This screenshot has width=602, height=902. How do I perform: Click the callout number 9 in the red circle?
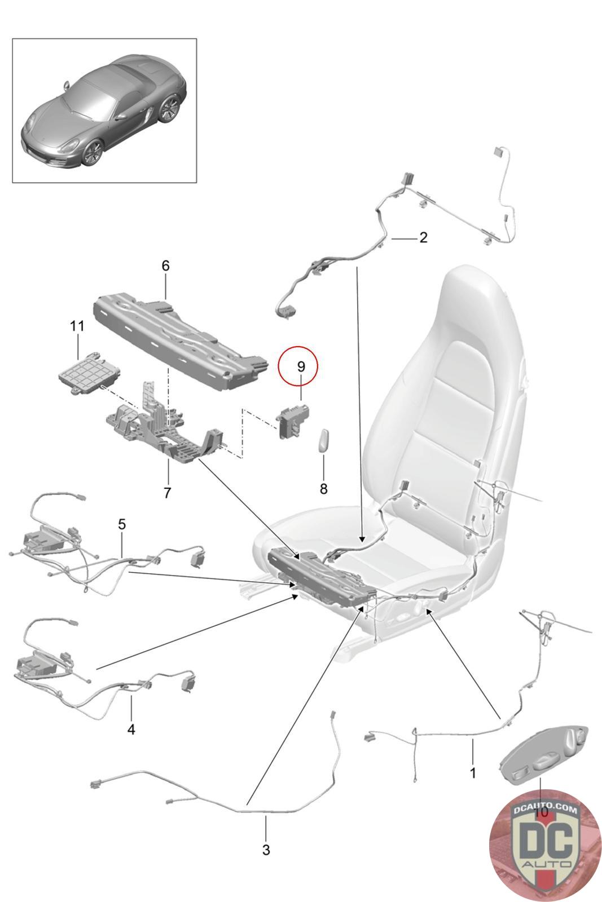click(301, 366)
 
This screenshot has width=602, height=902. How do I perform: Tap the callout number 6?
click(165, 266)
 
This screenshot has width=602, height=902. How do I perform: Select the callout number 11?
click(77, 326)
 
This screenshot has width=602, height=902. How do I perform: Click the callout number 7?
click(167, 493)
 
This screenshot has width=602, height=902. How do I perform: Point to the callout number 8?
click(323, 489)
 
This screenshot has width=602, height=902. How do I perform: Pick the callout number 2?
click(423, 237)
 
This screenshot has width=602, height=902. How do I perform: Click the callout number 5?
click(122, 524)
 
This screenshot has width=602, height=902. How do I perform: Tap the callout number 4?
click(131, 729)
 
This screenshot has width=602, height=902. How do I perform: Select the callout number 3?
click(266, 850)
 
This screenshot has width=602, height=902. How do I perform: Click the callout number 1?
click(473, 772)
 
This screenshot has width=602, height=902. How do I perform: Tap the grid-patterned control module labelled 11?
click(83, 372)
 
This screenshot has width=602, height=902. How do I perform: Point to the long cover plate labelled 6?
click(175, 338)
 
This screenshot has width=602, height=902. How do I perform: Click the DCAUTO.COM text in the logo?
click(544, 810)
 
